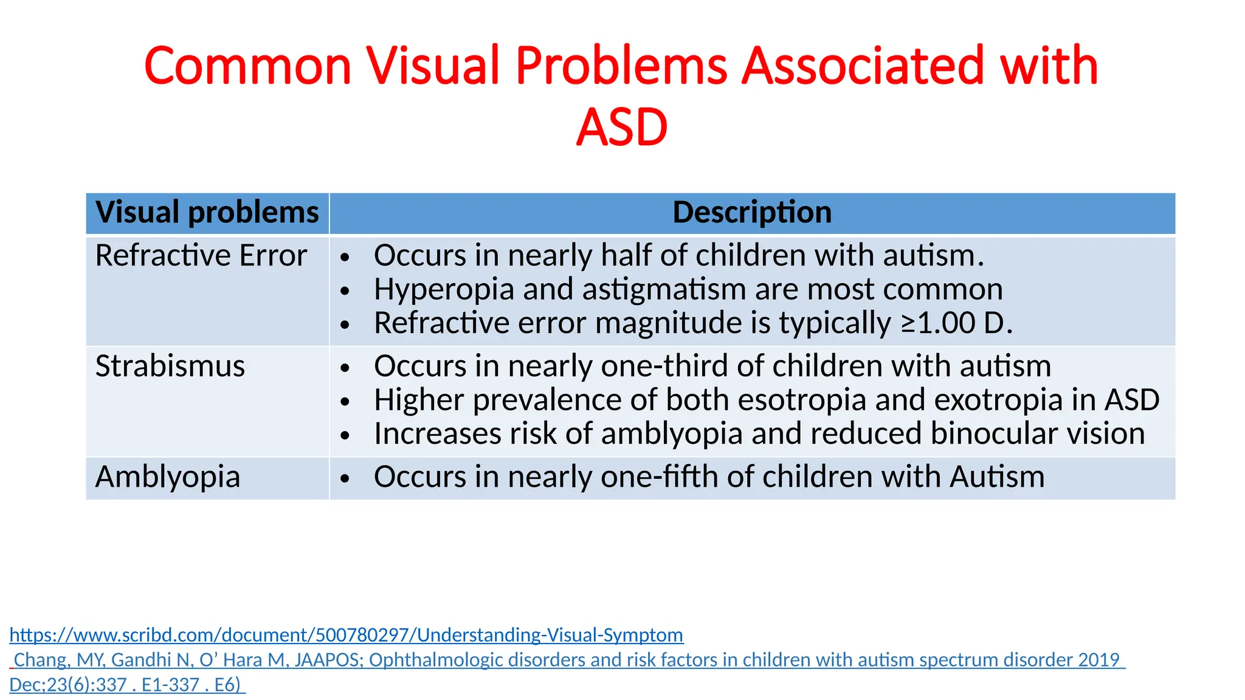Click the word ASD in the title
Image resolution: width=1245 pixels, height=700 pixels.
coord(622,128)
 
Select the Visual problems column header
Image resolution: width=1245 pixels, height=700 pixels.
coord(207,213)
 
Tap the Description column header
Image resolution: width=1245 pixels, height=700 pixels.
coord(752,213)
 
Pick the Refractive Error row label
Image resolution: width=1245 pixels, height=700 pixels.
coord(201,256)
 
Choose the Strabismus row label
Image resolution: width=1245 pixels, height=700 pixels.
coord(170,366)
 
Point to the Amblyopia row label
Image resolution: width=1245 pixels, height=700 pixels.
coord(168,477)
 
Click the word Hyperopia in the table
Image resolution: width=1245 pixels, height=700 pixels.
coord(444,290)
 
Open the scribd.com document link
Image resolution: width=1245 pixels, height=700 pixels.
coord(347,635)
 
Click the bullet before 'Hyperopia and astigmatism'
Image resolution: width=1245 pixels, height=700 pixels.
coord(345,291)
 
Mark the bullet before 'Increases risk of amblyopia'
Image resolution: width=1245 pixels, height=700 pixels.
coord(345,435)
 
